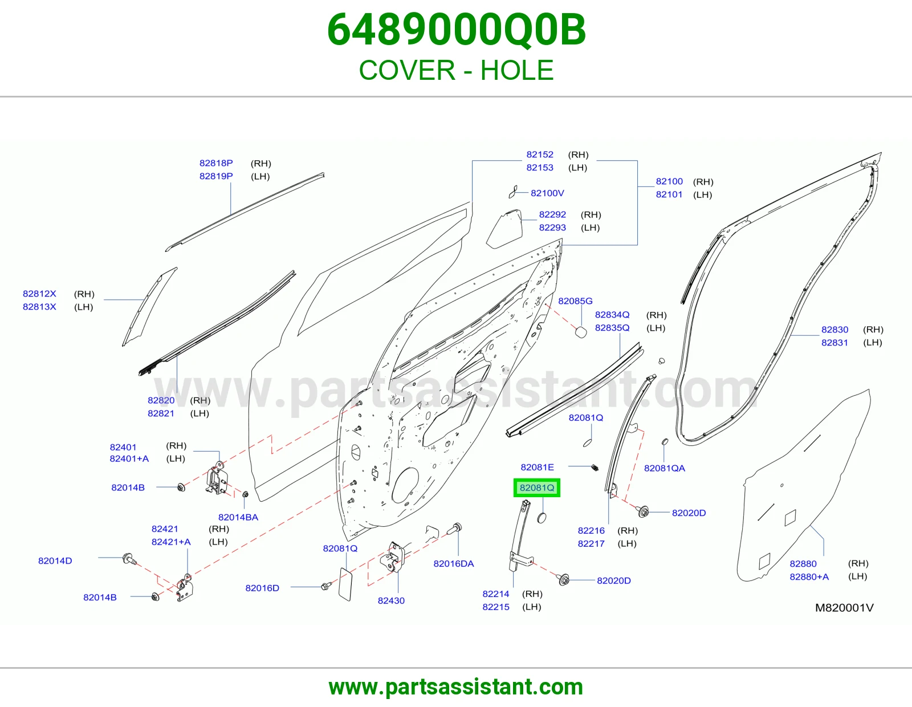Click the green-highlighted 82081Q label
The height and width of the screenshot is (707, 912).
537,487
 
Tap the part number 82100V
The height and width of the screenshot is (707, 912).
547,193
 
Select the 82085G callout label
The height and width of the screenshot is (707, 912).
575,301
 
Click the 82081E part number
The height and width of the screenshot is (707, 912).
537,468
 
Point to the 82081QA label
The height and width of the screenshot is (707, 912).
665,468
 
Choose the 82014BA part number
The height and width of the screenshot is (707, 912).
238,517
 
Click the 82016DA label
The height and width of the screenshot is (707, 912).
453,563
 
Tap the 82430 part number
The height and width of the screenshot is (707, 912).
391,600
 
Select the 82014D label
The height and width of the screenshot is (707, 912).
55,560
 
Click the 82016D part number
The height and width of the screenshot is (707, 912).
262,588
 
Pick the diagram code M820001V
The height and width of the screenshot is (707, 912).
844,607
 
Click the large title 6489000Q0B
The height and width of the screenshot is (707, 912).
456,30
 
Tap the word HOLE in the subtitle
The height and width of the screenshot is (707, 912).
516,70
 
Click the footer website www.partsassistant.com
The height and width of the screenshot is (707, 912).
456,687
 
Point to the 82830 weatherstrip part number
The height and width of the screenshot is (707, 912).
835,330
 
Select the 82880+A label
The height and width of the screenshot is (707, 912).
809,576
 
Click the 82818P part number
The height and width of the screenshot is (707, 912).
215,163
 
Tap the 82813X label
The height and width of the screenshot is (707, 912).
39,307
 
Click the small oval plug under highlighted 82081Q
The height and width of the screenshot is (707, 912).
542,518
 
